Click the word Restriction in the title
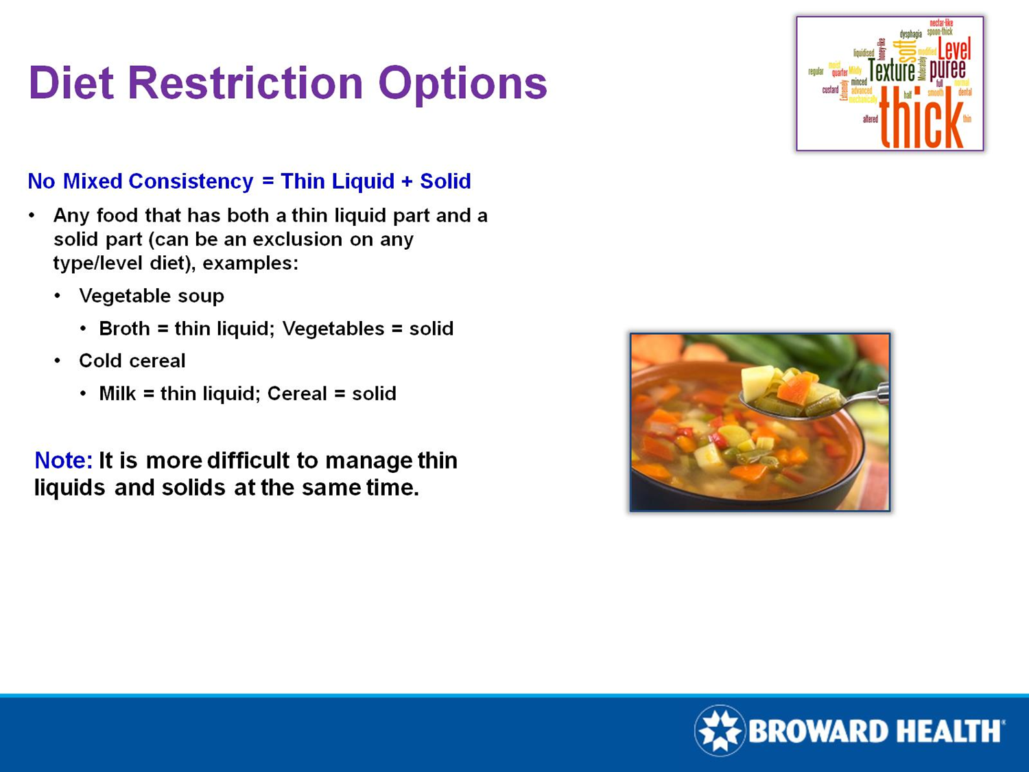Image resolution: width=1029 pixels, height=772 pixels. (x=245, y=83)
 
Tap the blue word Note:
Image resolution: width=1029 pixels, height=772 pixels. (x=63, y=460)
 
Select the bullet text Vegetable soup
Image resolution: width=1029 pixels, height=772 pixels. (x=152, y=296)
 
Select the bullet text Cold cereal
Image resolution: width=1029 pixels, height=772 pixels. (x=132, y=361)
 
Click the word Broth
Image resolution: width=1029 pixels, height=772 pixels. (x=124, y=329)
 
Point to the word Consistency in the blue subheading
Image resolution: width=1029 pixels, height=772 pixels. (x=191, y=181)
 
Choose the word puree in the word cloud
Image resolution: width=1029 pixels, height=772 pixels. (x=947, y=69)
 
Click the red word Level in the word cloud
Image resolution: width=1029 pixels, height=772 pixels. (x=954, y=49)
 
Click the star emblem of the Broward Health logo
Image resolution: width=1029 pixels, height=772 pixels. (x=720, y=731)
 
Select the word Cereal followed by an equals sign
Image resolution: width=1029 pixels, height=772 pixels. (x=297, y=394)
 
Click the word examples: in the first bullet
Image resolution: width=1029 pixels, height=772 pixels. (x=250, y=264)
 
